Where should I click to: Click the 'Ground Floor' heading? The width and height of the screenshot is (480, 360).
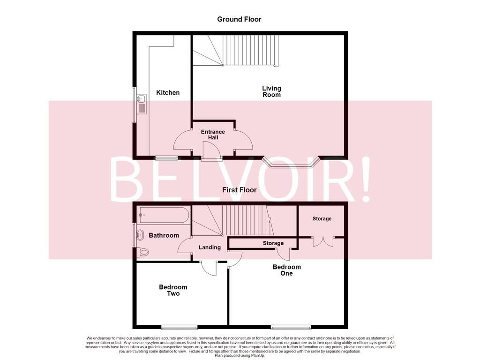(239, 19)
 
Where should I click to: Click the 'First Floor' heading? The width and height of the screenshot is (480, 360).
(240, 190)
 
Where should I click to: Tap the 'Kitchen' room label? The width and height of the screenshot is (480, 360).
(168, 93)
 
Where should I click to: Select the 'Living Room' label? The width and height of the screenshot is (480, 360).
(271, 91)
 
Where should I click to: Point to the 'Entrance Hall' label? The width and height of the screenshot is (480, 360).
(213, 135)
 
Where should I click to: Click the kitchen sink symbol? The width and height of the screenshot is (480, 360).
(141, 99)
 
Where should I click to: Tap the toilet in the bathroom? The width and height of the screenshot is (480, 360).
(144, 252)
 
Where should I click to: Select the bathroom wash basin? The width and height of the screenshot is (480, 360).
(139, 234)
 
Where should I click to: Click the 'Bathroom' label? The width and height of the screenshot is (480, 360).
(164, 235)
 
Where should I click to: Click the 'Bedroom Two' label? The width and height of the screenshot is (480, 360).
(173, 290)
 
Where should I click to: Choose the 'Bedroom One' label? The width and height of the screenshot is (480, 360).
(286, 270)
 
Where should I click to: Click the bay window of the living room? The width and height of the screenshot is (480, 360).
(292, 163)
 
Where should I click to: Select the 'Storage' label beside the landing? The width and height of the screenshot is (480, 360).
(273, 243)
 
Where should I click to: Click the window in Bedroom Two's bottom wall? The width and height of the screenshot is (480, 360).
(179, 327)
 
